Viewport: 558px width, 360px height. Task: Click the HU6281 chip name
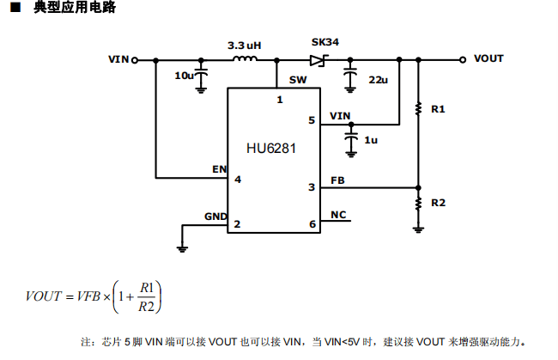point(271,149)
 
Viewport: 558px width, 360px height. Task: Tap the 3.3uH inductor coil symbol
point(246,59)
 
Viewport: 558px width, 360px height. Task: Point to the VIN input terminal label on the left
point(118,59)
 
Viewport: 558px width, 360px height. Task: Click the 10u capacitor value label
point(184,76)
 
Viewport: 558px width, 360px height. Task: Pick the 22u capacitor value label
point(378,79)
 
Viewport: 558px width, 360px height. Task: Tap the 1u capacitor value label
point(371,140)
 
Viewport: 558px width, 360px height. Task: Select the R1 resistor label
point(438,109)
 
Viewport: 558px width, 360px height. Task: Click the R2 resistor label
point(438,203)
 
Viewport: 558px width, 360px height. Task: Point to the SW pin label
point(297,80)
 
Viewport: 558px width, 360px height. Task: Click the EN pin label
point(219,168)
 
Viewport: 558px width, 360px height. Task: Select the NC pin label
point(338,215)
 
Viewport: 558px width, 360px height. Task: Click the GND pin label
point(215,215)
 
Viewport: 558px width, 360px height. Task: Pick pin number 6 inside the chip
point(312,224)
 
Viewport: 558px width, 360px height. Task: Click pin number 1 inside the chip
point(279,100)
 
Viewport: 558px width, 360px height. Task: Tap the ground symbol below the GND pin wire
point(182,248)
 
